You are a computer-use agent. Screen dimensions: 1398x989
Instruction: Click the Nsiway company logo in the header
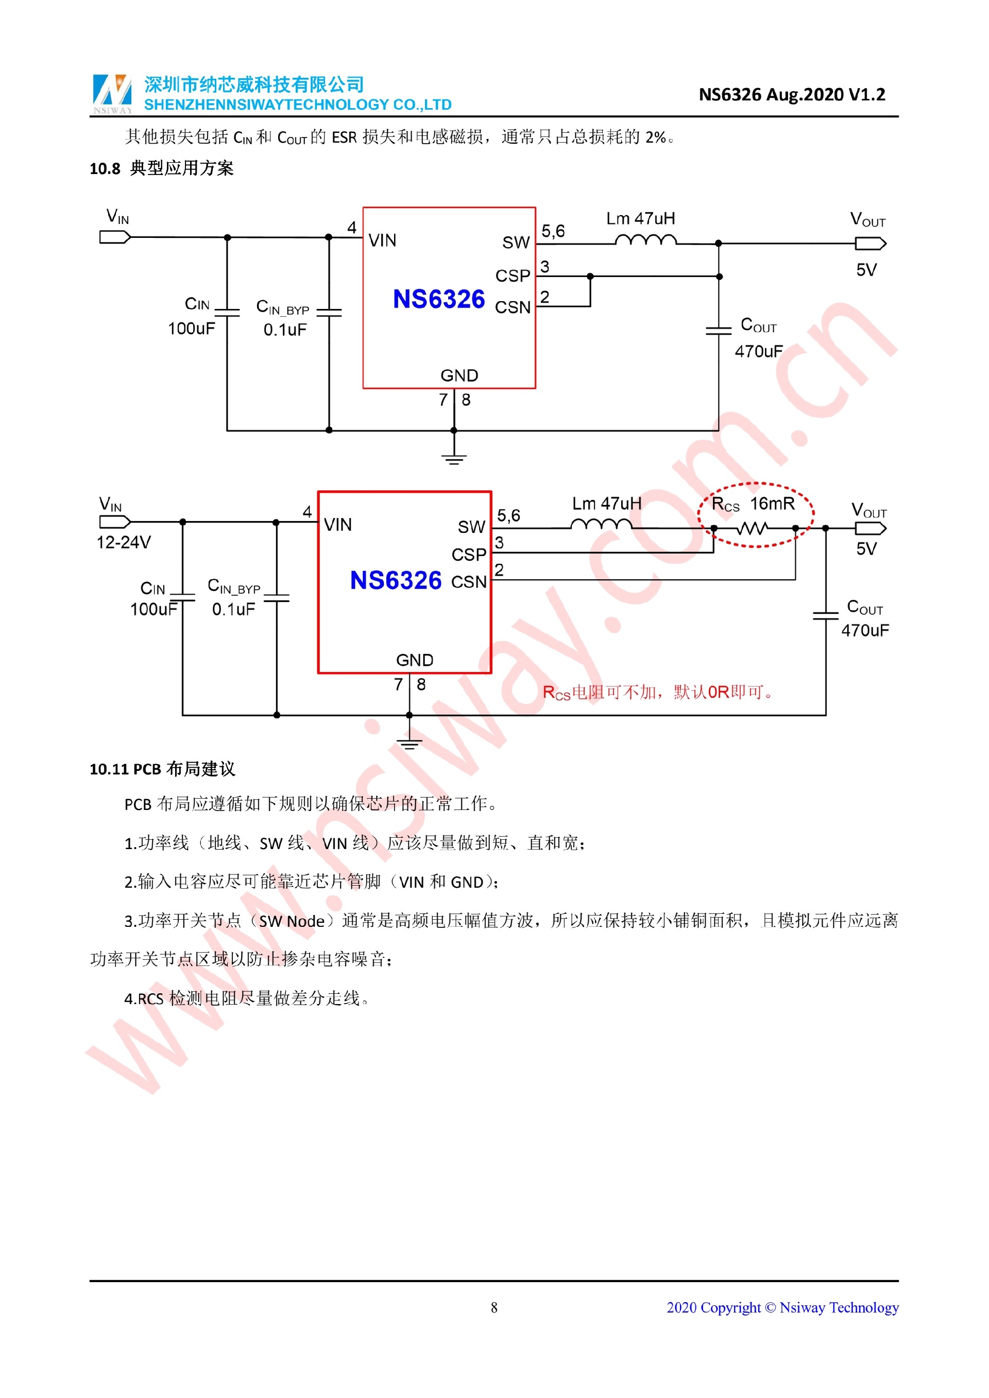click(112, 94)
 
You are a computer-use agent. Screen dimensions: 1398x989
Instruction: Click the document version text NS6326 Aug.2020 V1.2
click(791, 94)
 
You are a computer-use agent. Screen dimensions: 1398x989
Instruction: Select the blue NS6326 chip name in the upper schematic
click(438, 299)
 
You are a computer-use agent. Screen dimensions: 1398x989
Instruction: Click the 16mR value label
click(772, 504)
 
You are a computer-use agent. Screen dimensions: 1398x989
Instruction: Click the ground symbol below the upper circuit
click(454, 458)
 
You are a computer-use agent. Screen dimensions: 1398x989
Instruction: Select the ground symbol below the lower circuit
click(409, 743)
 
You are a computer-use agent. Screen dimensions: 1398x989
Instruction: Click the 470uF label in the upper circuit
click(758, 351)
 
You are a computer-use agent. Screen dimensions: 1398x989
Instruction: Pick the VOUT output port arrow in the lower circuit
click(870, 528)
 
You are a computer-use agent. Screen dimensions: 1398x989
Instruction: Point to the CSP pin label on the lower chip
click(468, 555)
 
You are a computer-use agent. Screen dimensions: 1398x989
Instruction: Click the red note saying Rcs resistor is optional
click(657, 692)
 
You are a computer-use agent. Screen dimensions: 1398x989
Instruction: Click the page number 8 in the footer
click(494, 1307)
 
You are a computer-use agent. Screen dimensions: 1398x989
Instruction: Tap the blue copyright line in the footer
click(782, 1307)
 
